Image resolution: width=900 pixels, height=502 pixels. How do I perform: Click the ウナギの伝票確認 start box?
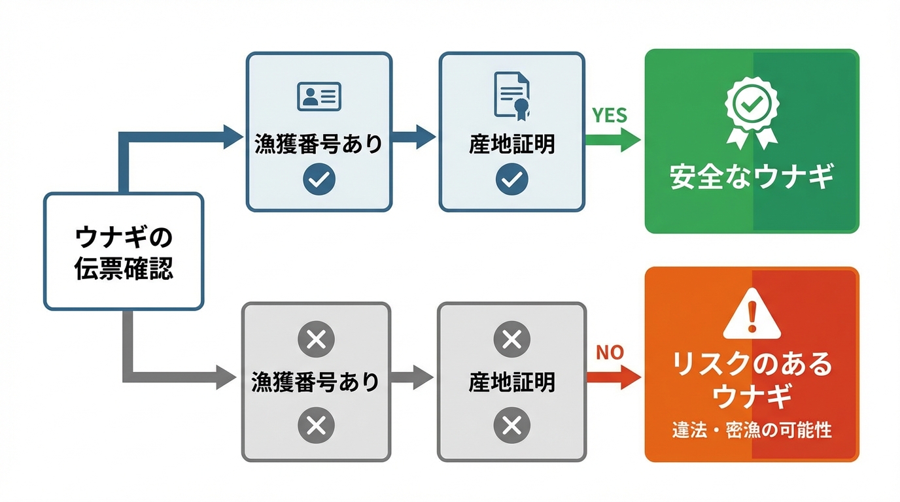pos(124,251)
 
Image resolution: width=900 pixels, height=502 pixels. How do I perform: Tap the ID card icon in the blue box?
pos(319,96)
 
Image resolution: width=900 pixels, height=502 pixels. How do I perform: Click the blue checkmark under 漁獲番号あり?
pos(319,178)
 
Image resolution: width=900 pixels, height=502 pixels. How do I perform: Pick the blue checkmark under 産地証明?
pos(511,178)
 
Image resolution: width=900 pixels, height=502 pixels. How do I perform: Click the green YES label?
pos(609,115)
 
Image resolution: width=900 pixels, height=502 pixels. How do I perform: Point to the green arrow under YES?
pos(612,139)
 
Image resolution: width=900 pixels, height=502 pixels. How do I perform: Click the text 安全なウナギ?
pos(752,177)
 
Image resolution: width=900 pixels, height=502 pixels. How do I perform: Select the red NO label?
pos(609,353)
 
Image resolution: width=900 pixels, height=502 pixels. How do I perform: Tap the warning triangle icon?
pos(752,314)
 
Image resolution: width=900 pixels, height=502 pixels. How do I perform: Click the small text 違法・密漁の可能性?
pos(752,431)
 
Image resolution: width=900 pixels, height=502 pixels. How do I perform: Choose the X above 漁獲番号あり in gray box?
pos(316,339)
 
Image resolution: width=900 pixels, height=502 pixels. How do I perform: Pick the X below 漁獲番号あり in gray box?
pos(316,426)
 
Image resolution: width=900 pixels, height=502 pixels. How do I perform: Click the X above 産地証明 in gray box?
pos(511,339)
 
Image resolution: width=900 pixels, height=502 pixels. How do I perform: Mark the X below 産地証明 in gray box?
pos(511,426)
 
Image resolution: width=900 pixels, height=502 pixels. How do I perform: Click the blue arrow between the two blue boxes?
pos(415,138)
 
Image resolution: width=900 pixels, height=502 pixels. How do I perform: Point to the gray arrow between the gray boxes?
pos(413,377)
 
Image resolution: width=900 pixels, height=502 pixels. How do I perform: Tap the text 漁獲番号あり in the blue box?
pos(319,144)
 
